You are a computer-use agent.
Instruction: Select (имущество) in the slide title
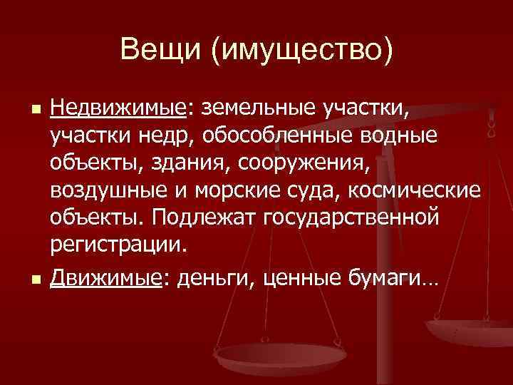click(309, 50)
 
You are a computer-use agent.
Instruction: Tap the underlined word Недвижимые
click(118, 108)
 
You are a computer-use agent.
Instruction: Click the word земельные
click(259, 108)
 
